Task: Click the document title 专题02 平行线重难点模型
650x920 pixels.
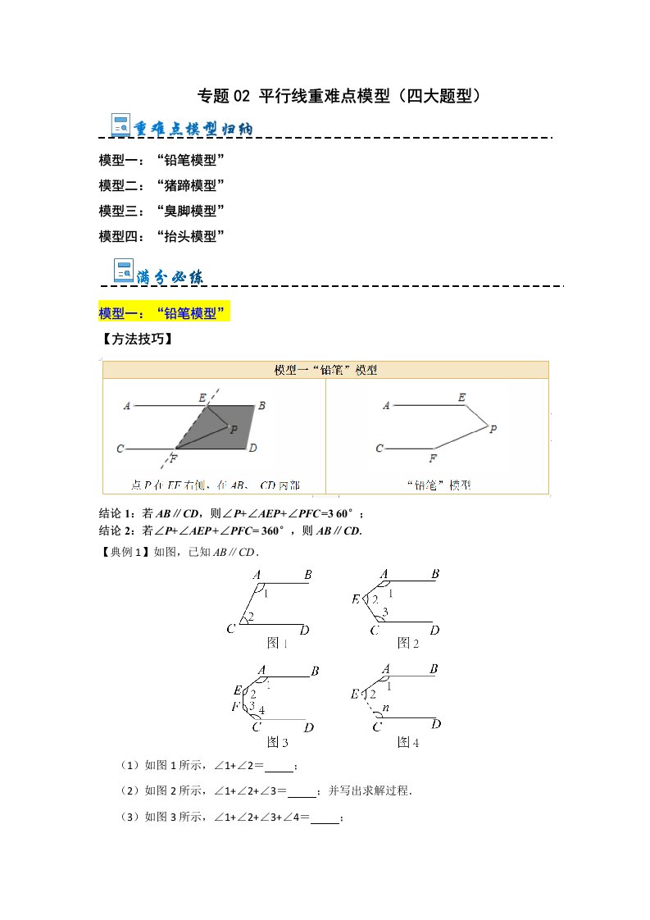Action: tap(339, 96)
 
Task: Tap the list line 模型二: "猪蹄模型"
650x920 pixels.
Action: tap(161, 185)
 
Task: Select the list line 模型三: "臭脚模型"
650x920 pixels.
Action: tap(161, 211)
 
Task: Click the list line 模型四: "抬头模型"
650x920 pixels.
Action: tap(161, 236)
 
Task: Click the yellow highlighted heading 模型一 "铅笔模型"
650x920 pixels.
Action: tap(163, 313)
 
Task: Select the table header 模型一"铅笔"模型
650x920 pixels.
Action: tap(325, 370)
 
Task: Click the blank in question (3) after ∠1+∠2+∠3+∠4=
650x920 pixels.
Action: tap(325, 819)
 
